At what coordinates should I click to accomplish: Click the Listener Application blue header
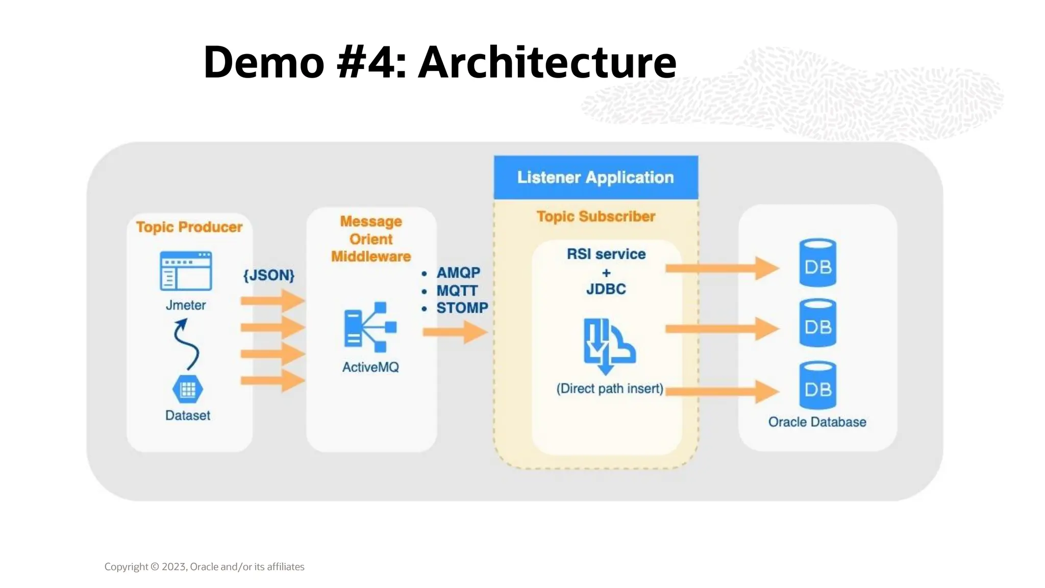click(595, 177)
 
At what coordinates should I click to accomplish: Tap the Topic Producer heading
click(189, 227)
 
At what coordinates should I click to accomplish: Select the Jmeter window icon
click(186, 271)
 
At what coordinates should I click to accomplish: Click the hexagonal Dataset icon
click(188, 389)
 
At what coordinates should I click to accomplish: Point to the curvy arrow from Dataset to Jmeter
click(186, 345)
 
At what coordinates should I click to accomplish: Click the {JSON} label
click(269, 276)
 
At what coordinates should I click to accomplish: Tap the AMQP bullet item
click(458, 273)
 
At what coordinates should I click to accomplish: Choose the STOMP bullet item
click(462, 308)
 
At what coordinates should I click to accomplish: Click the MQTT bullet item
click(457, 291)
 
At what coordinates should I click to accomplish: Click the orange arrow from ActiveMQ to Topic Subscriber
click(455, 332)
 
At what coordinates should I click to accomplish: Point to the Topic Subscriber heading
click(595, 216)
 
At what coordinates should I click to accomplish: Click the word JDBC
click(606, 289)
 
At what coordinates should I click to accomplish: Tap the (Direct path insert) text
click(610, 389)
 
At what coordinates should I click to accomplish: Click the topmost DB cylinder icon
click(817, 263)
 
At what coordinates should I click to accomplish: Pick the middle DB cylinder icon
click(817, 323)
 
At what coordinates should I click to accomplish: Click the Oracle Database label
click(817, 422)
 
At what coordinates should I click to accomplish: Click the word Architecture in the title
click(547, 62)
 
